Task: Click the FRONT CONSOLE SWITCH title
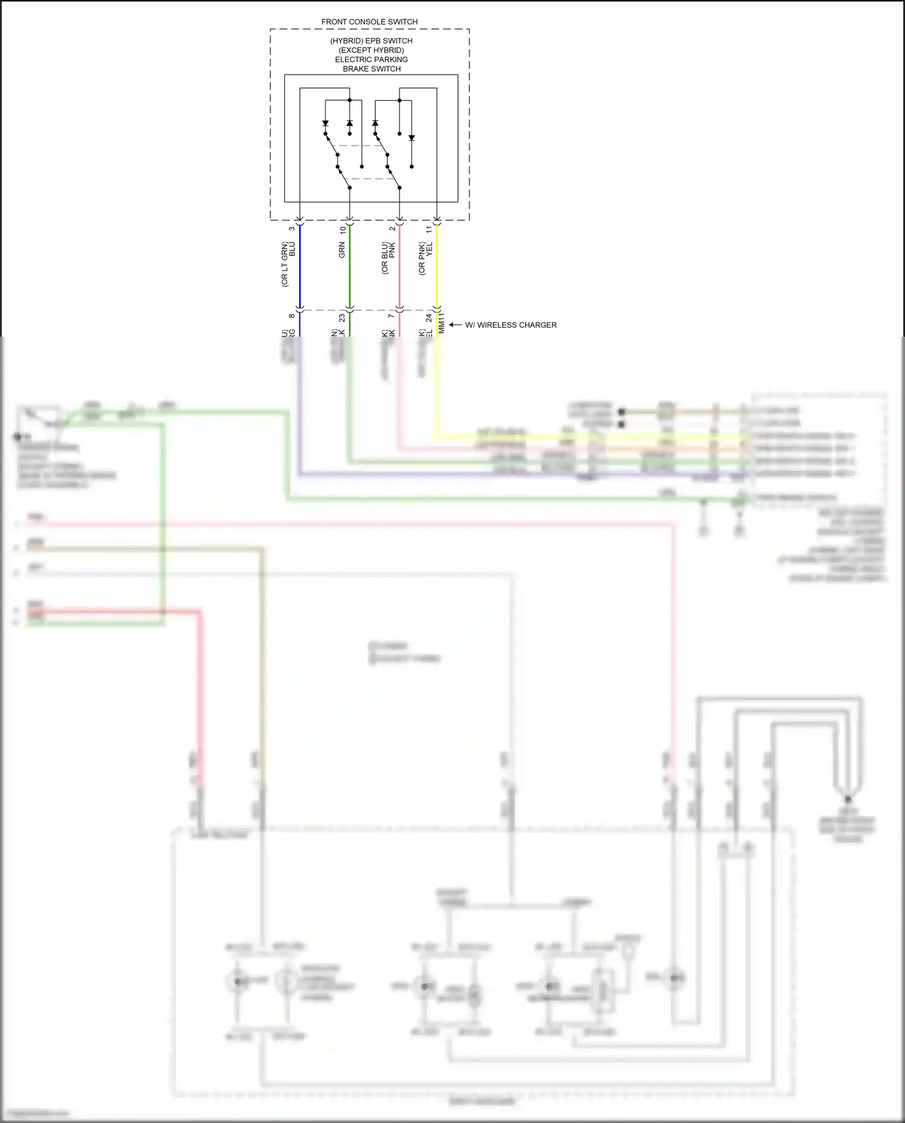pos(369,22)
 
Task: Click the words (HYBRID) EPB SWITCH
pos(371,40)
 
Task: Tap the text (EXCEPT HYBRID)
pos(371,50)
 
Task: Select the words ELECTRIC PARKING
pos(371,59)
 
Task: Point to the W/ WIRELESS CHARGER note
pos(510,325)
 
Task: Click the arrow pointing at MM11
pos(455,325)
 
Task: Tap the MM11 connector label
pos(442,323)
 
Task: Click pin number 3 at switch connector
pos(292,228)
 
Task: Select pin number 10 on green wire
pos(343,229)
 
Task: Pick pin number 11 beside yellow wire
pos(430,229)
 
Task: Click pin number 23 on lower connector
pos(342,317)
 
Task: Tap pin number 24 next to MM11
pos(429,317)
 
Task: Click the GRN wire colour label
pos(342,250)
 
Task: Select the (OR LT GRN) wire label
pos(284,264)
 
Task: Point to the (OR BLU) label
pos(384,258)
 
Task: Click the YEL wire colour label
pos(430,250)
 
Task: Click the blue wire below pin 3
pos(300,272)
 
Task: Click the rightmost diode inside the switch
pos(411,138)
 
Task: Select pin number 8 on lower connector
pos(292,316)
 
